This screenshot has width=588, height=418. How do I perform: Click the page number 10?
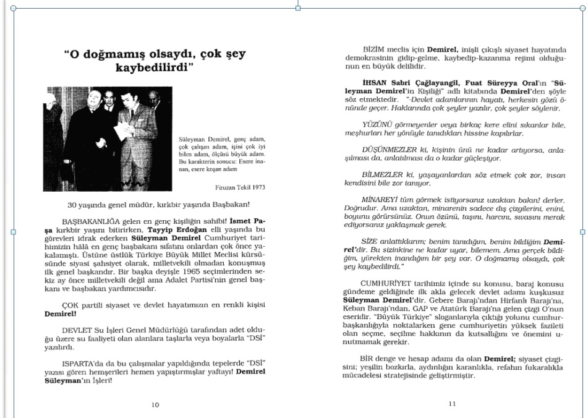click(155, 405)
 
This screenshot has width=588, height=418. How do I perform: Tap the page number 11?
click(452, 404)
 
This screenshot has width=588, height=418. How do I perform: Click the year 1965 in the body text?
click(185, 271)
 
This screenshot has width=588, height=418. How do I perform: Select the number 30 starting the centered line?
click(72, 205)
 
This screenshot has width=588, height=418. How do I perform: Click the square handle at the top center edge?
click(299, 8)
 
